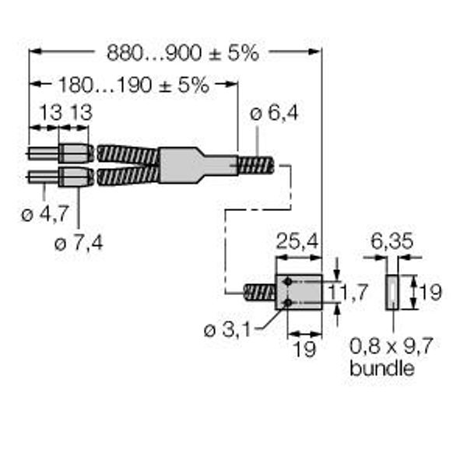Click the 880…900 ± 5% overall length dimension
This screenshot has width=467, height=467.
[183, 53]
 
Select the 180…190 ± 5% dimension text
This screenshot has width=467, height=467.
[134, 85]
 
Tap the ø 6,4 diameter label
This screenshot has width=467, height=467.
[274, 114]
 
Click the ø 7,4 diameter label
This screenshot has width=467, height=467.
[79, 244]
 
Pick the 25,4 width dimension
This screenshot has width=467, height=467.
[297, 241]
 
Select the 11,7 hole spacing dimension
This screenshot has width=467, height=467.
[347, 292]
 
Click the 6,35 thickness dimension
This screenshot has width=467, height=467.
[392, 241]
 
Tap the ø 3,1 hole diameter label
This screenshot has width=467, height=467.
[227, 330]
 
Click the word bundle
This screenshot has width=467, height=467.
[382, 368]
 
